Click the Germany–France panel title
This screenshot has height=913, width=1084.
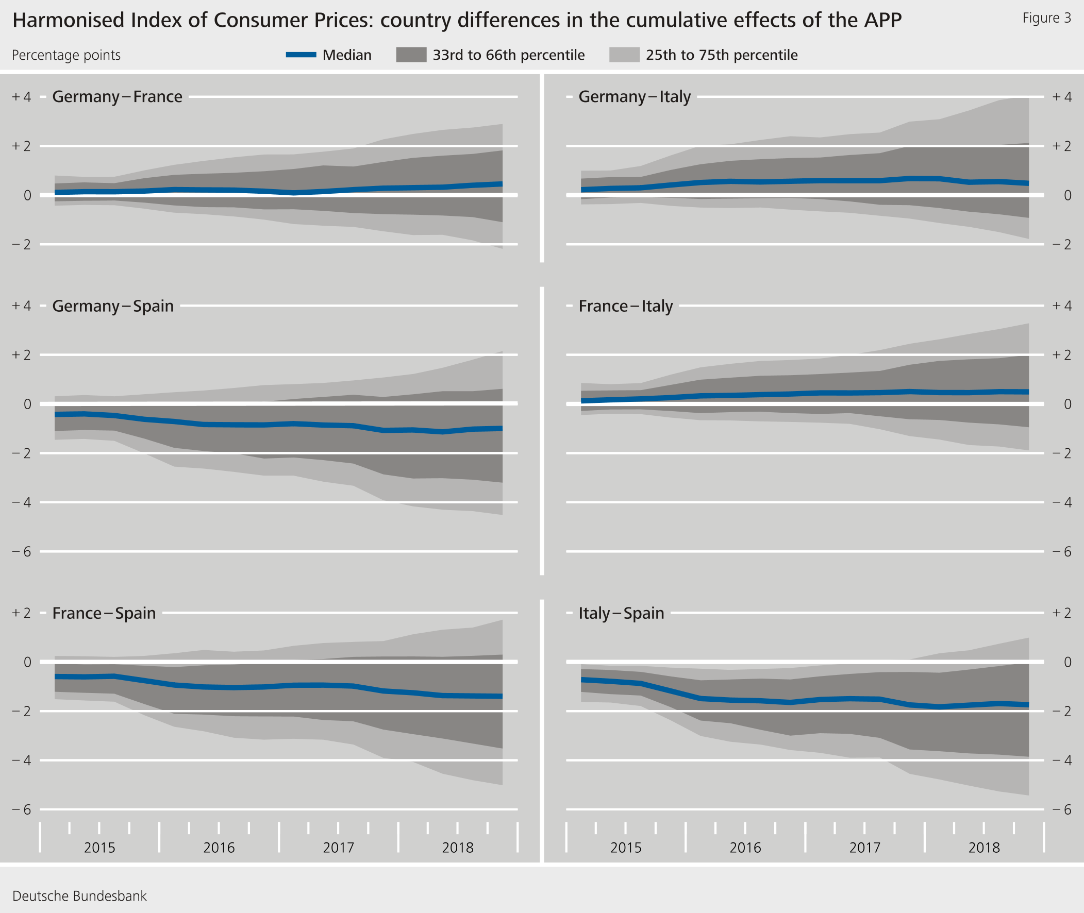(117, 97)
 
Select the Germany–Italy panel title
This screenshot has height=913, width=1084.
(634, 97)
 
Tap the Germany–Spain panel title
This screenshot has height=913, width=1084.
(113, 306)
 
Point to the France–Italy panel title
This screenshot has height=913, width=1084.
(625, 306)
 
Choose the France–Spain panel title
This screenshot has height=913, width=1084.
(104, 613)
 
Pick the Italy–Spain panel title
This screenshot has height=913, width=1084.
(621, 613)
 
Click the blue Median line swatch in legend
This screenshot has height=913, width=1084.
(301, 55)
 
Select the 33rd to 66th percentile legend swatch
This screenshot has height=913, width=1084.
(411, 55)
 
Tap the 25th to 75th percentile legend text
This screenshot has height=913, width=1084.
(721, 55)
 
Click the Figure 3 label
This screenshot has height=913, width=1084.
(1046, 18)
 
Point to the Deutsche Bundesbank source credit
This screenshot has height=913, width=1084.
(79, 896)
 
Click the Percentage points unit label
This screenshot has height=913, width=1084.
(66, 55)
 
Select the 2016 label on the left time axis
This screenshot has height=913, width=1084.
(219, 848)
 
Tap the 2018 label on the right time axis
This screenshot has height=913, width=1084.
(983, 848)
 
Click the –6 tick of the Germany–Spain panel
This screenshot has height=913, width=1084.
(22, 552)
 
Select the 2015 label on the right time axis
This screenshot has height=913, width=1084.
(625, 848)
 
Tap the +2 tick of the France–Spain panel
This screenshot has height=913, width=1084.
(22, 613)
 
